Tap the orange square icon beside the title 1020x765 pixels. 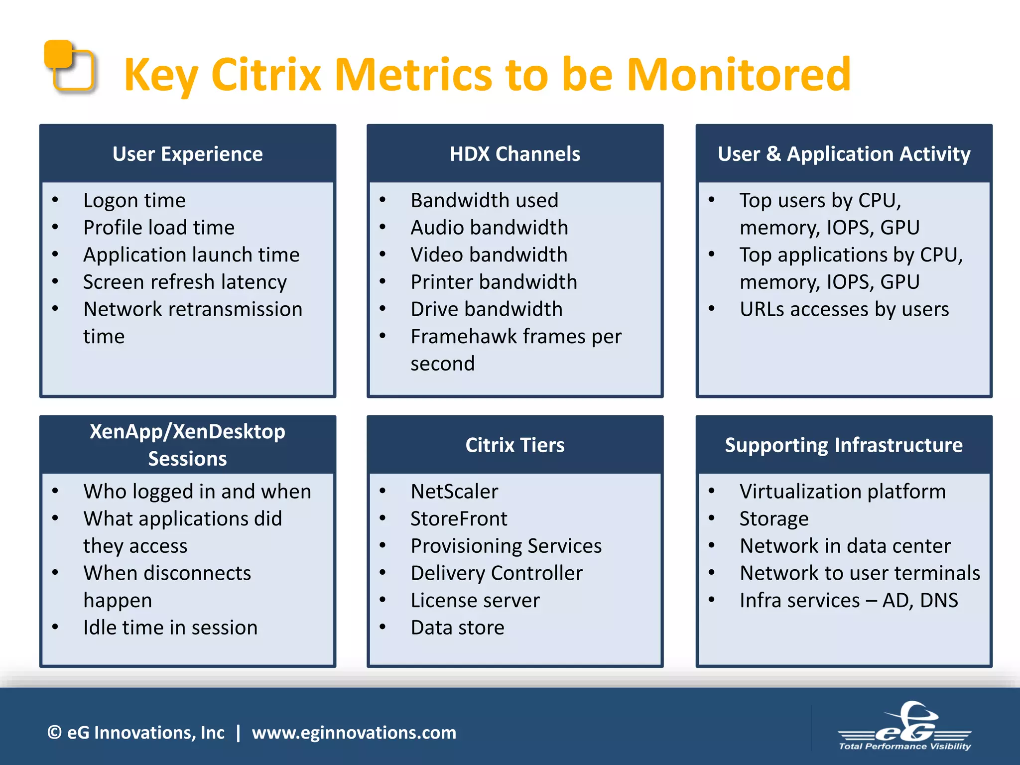(69, 66)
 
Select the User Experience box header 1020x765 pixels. (187, 154)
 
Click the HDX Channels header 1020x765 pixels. (514, 154)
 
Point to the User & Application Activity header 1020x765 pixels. (844, 154)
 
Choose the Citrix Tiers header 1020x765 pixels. (514, 445)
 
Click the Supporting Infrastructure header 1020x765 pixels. (844, 445)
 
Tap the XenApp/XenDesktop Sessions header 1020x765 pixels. (187, 445)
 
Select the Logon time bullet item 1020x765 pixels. (134, 200)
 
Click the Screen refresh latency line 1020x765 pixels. (185, 282)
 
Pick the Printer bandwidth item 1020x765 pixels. (494, 282)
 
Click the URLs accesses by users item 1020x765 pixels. (844, 309)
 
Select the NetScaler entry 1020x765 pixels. (454, 492)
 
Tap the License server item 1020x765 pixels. (475, 601)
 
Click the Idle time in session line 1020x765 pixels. (170, 628)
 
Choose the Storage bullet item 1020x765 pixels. (773, 519)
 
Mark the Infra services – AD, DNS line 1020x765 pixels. (848, 601)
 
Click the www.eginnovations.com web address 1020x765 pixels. (354, 733)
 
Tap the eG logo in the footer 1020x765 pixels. (904, 727)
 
